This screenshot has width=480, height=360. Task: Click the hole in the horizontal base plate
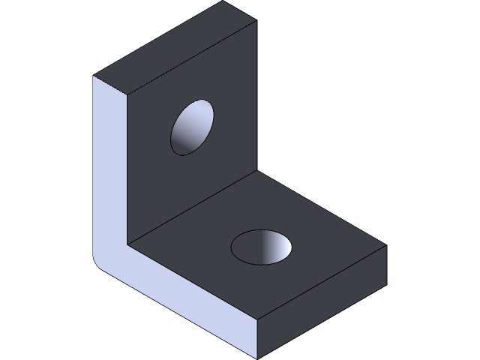click(x=262, y=247)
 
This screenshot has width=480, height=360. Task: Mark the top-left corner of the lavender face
click(x=94, y=76)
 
